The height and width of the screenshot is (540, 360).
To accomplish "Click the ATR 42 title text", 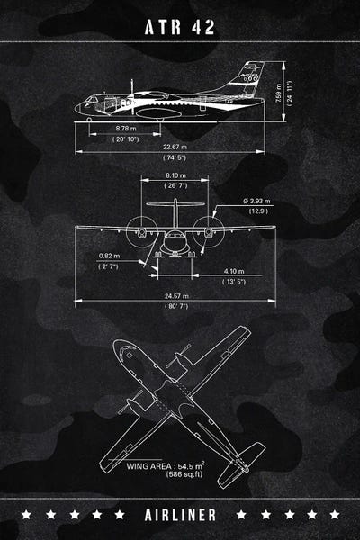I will coord(180,28).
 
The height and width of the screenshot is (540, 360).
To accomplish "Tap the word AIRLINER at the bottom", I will coord(180,514).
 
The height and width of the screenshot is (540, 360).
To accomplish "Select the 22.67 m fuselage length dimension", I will coord(175,147).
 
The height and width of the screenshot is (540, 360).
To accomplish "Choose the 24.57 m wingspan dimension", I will coord(175,295).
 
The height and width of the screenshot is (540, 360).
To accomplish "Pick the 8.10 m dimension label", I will coord(175,175).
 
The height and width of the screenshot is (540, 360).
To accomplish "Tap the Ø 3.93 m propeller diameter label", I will coord(258,200).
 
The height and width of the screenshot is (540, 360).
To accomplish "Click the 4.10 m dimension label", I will coord(234,271).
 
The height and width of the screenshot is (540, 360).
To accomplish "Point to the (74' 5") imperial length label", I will coord(175,157).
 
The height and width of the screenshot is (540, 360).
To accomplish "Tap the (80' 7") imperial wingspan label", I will coord(175,306).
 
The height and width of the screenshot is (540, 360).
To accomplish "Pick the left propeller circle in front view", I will coord(140,231).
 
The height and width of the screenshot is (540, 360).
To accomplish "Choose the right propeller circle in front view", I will coord(210,231).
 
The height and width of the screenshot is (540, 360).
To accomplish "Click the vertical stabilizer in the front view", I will coord(175,214).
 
